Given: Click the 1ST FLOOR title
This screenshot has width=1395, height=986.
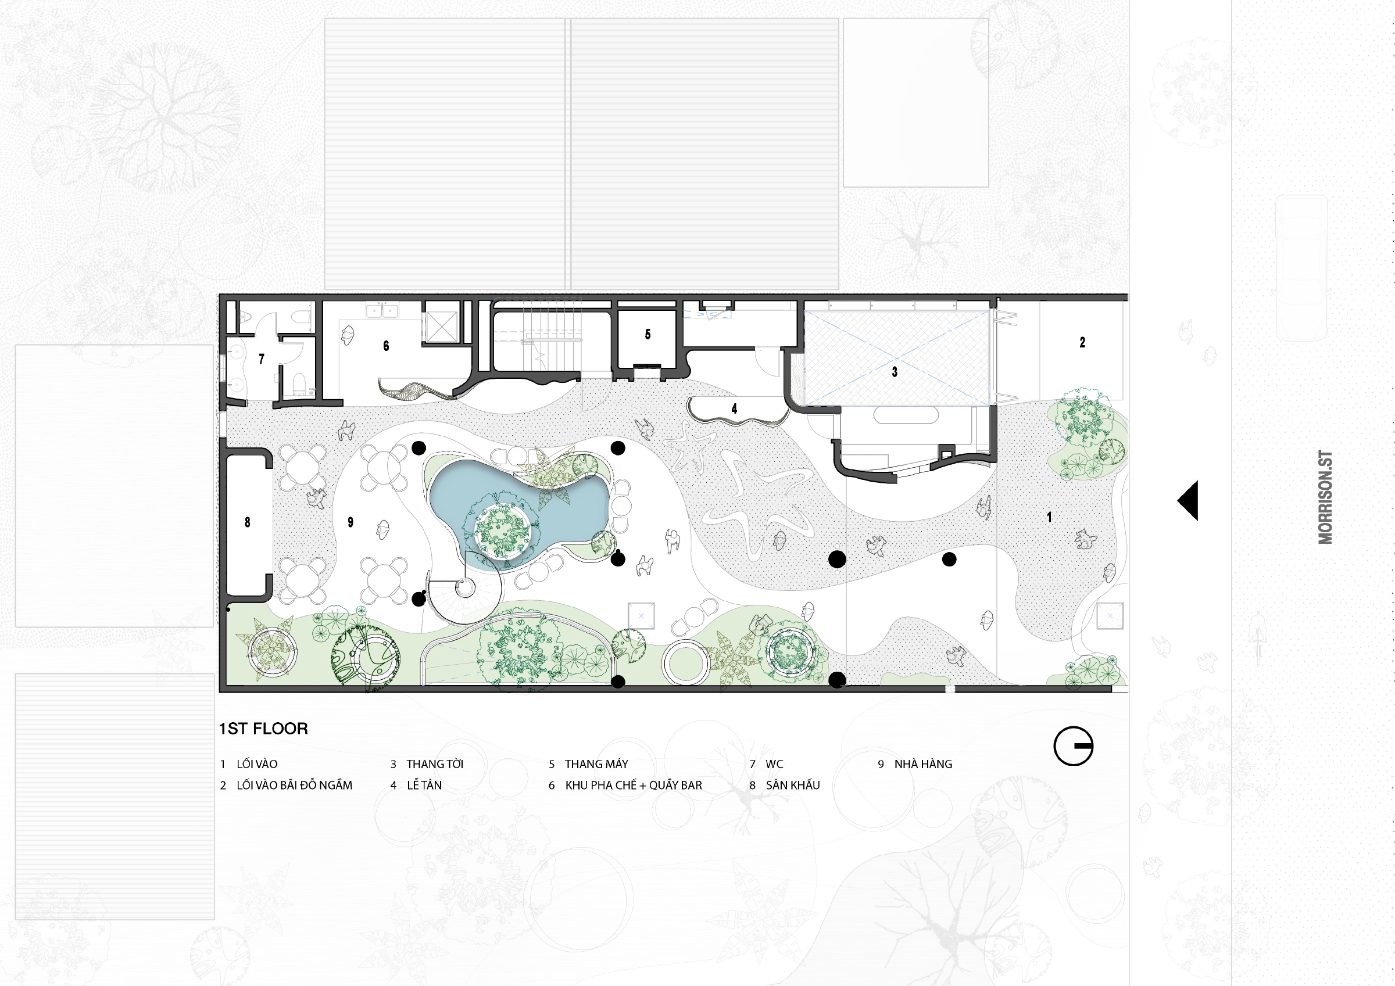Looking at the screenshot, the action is (263, 729).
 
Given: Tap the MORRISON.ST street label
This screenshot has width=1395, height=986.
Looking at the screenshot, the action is (1325, 497).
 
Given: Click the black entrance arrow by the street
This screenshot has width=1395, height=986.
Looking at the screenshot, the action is (1188, 501).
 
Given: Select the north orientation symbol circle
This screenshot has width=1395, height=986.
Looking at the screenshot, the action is (1074, 746).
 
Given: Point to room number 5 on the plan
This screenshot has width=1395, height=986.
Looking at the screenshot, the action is (648, 334).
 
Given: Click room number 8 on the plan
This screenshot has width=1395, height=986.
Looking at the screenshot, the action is (247, 522).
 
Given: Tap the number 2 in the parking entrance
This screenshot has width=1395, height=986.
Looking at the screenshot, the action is (1082, 343).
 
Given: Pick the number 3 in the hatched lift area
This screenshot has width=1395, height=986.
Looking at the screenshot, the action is (895, 372).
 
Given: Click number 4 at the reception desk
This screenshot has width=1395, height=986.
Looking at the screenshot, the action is (734, 409).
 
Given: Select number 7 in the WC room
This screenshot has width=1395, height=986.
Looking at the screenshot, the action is (261, 360).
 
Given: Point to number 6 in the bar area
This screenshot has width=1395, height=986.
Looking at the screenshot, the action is (386, 346).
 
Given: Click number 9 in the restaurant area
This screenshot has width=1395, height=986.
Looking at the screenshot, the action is (350, 522).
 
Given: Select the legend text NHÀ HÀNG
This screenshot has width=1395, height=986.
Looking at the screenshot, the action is (923, 764).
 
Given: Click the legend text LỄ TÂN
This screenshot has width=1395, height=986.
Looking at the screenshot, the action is (424, 785).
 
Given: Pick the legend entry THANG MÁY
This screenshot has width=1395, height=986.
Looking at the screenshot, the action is (596, 764).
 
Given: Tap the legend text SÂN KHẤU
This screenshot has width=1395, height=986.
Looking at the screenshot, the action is (792, 785).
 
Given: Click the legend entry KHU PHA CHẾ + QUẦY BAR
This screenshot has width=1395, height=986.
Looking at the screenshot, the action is (633, 786).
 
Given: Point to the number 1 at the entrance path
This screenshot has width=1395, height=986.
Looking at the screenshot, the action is (1049, 517).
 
